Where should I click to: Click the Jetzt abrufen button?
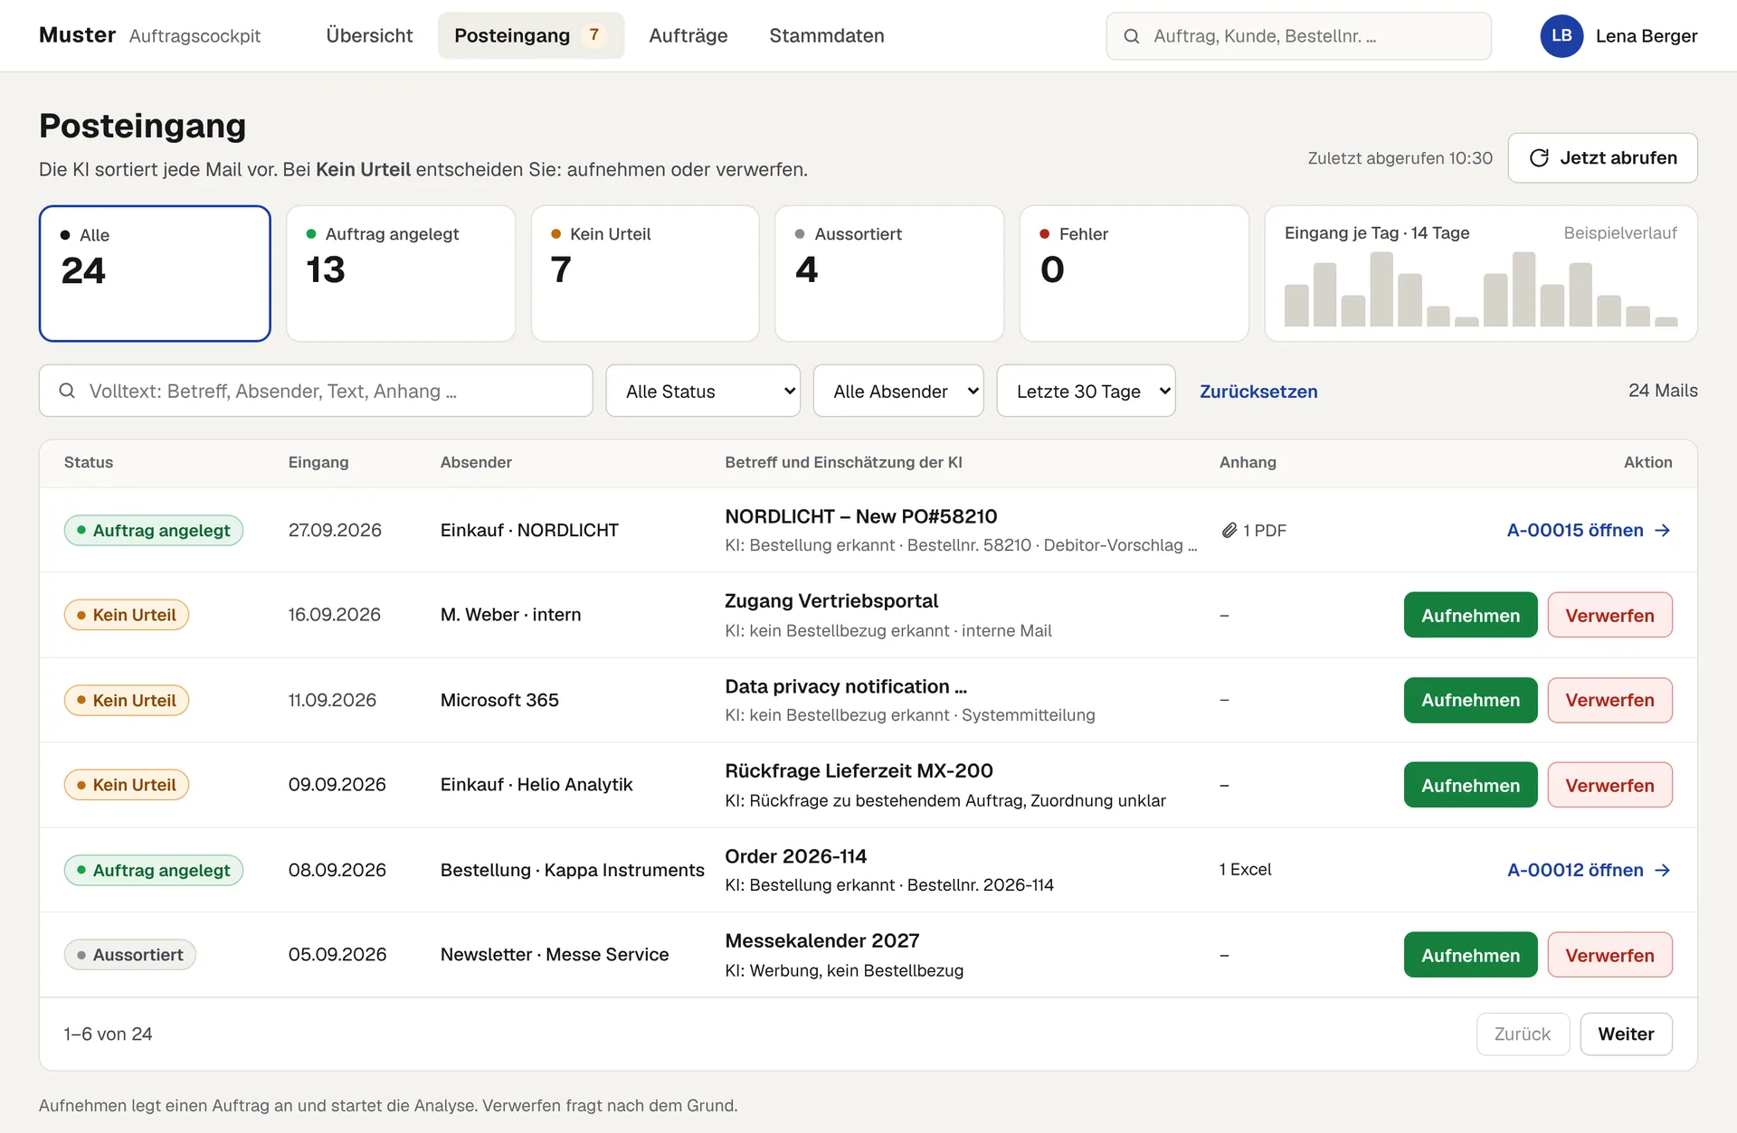pyautogui.click(x=1602, y=158)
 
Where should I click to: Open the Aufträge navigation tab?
pyautogui.click(x=688, y=35)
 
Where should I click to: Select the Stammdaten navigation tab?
pyautogui.click(x=827, y=35)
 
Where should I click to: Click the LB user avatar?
pyautogui.click(x=1561, y=36)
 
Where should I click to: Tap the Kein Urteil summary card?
pyautogui.click(x=645, y=273)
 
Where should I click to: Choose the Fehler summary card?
pyautogui.click(x=1134, y=273)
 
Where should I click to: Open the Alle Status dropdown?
pyautogui.click(x=703, y=391)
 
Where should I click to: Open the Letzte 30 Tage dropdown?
pyautogui.click(x=1086, y=391)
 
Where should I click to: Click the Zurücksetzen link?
pyautogui.click(x=1258, y=392)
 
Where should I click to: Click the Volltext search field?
pyautogui.click(x=316, y=391)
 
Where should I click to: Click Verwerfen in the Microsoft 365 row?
pyautogui.click(x=1609, y=700)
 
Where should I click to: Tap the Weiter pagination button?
pyautogui.click(x=1626, y=1034)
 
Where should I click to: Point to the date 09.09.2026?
pyautogui.click(x=337, y=785)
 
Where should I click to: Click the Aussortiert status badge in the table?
pyautogui.click(x=130, y=955)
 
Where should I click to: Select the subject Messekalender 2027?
pyautogui.click(x=822, y=940)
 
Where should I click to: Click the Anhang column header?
pyautogui.click(x=1248, y=462)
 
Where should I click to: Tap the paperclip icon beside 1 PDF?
pyautogui.click(x=1229, y=531)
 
